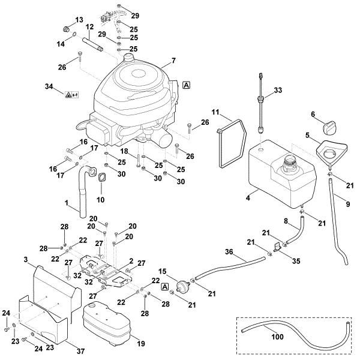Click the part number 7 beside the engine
pyautogui.click(x=173, y=61)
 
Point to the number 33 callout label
pyautogui.click(x=277, y=90)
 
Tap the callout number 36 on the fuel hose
pyautogui.click(x=229, y=252)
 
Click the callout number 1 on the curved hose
pyautogui.click(x=66, y=203)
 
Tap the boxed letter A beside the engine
pyautogui.click(x=187, y=85)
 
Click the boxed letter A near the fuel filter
pyautogui.click(x=164, y=287)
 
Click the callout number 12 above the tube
pyautogui.click(x=89, y=28)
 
